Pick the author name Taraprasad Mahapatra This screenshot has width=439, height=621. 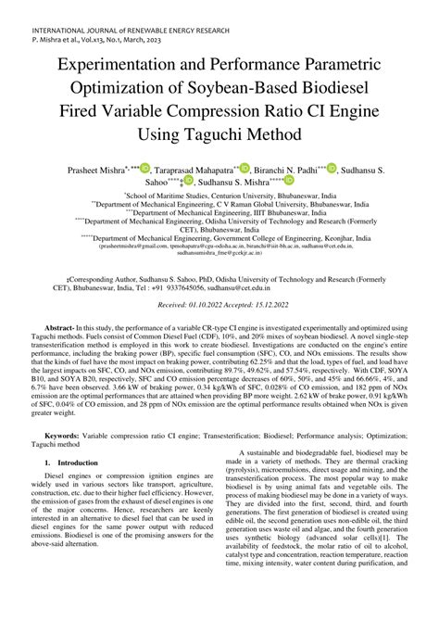pyautogui.click(x=193, y=172)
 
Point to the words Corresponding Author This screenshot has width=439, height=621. pyautogui.click(x=100, y=277)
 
